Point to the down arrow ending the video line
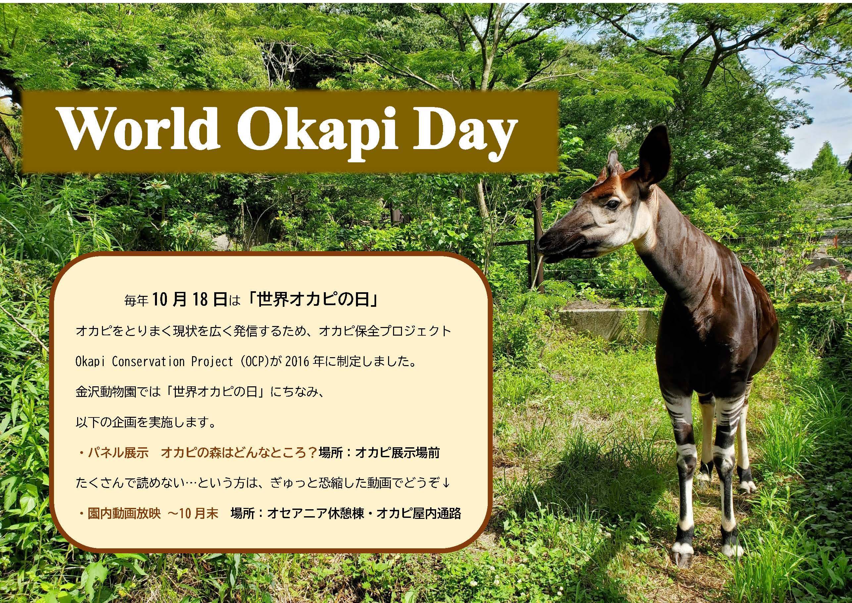[446, 483]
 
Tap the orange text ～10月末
[193, 514]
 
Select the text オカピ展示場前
[397, 453]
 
